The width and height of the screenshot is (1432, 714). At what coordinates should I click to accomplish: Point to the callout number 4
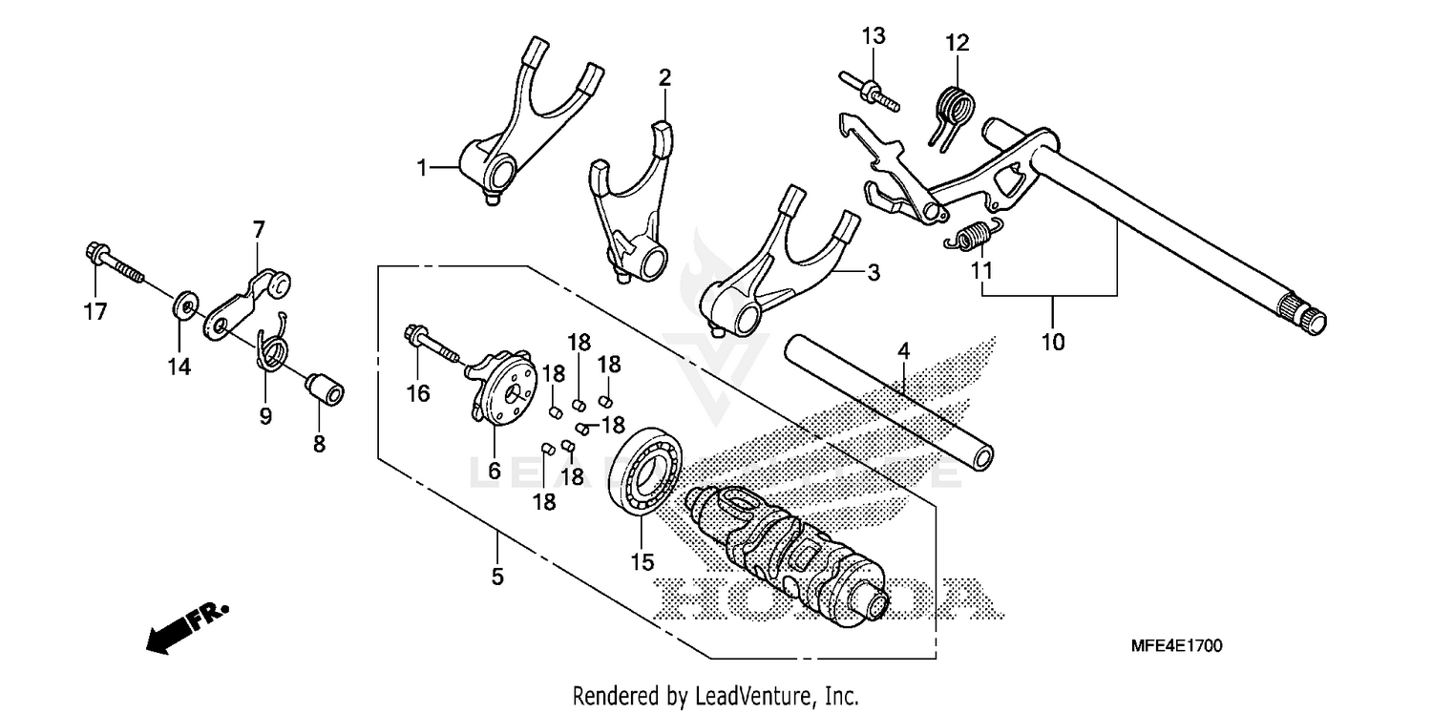[x=903, y=352]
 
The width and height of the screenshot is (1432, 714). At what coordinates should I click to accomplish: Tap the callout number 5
[x=497, y=577]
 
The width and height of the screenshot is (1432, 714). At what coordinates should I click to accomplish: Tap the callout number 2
[x=664, y=76]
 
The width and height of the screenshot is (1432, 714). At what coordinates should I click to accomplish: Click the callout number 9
[x=265, y=416]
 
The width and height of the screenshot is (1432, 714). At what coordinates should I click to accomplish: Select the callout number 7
[x=258, y=229]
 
